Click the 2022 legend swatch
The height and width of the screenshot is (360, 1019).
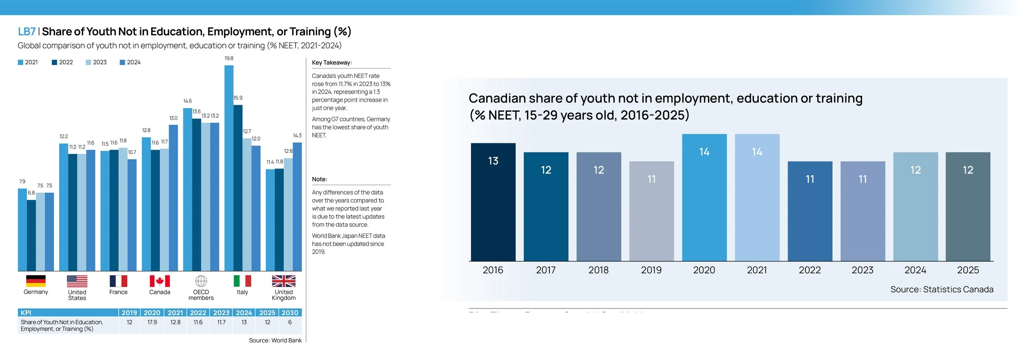(54, 62)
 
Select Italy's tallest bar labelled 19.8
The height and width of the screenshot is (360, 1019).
(229, 167)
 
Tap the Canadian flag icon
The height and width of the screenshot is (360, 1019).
(160, 281)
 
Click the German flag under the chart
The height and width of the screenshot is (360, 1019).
(36, 281)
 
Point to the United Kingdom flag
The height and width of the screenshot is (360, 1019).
(284, 281)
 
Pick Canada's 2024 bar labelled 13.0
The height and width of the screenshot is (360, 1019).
(173, 198)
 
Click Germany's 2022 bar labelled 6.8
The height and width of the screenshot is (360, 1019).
(31, 235)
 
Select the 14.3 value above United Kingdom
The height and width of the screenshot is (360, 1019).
(297, 136)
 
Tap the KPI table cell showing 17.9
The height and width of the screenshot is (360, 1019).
(152, 322)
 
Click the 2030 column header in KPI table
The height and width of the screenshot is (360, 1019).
(290, 313)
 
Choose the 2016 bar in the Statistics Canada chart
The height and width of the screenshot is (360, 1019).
(493, 202)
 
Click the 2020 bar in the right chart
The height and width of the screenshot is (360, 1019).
(704, 198)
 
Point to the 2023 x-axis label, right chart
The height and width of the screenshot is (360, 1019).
(862, 270)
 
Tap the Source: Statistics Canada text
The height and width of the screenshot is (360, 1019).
(942, 289)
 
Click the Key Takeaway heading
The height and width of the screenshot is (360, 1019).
(332, 63)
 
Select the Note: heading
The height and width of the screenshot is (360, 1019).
(320, 179)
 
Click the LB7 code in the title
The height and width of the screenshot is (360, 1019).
(26, 32)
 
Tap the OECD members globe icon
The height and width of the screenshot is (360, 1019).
(201, 281)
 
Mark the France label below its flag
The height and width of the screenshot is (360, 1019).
(118, 292)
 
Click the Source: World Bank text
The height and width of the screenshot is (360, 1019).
(275, 340)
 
